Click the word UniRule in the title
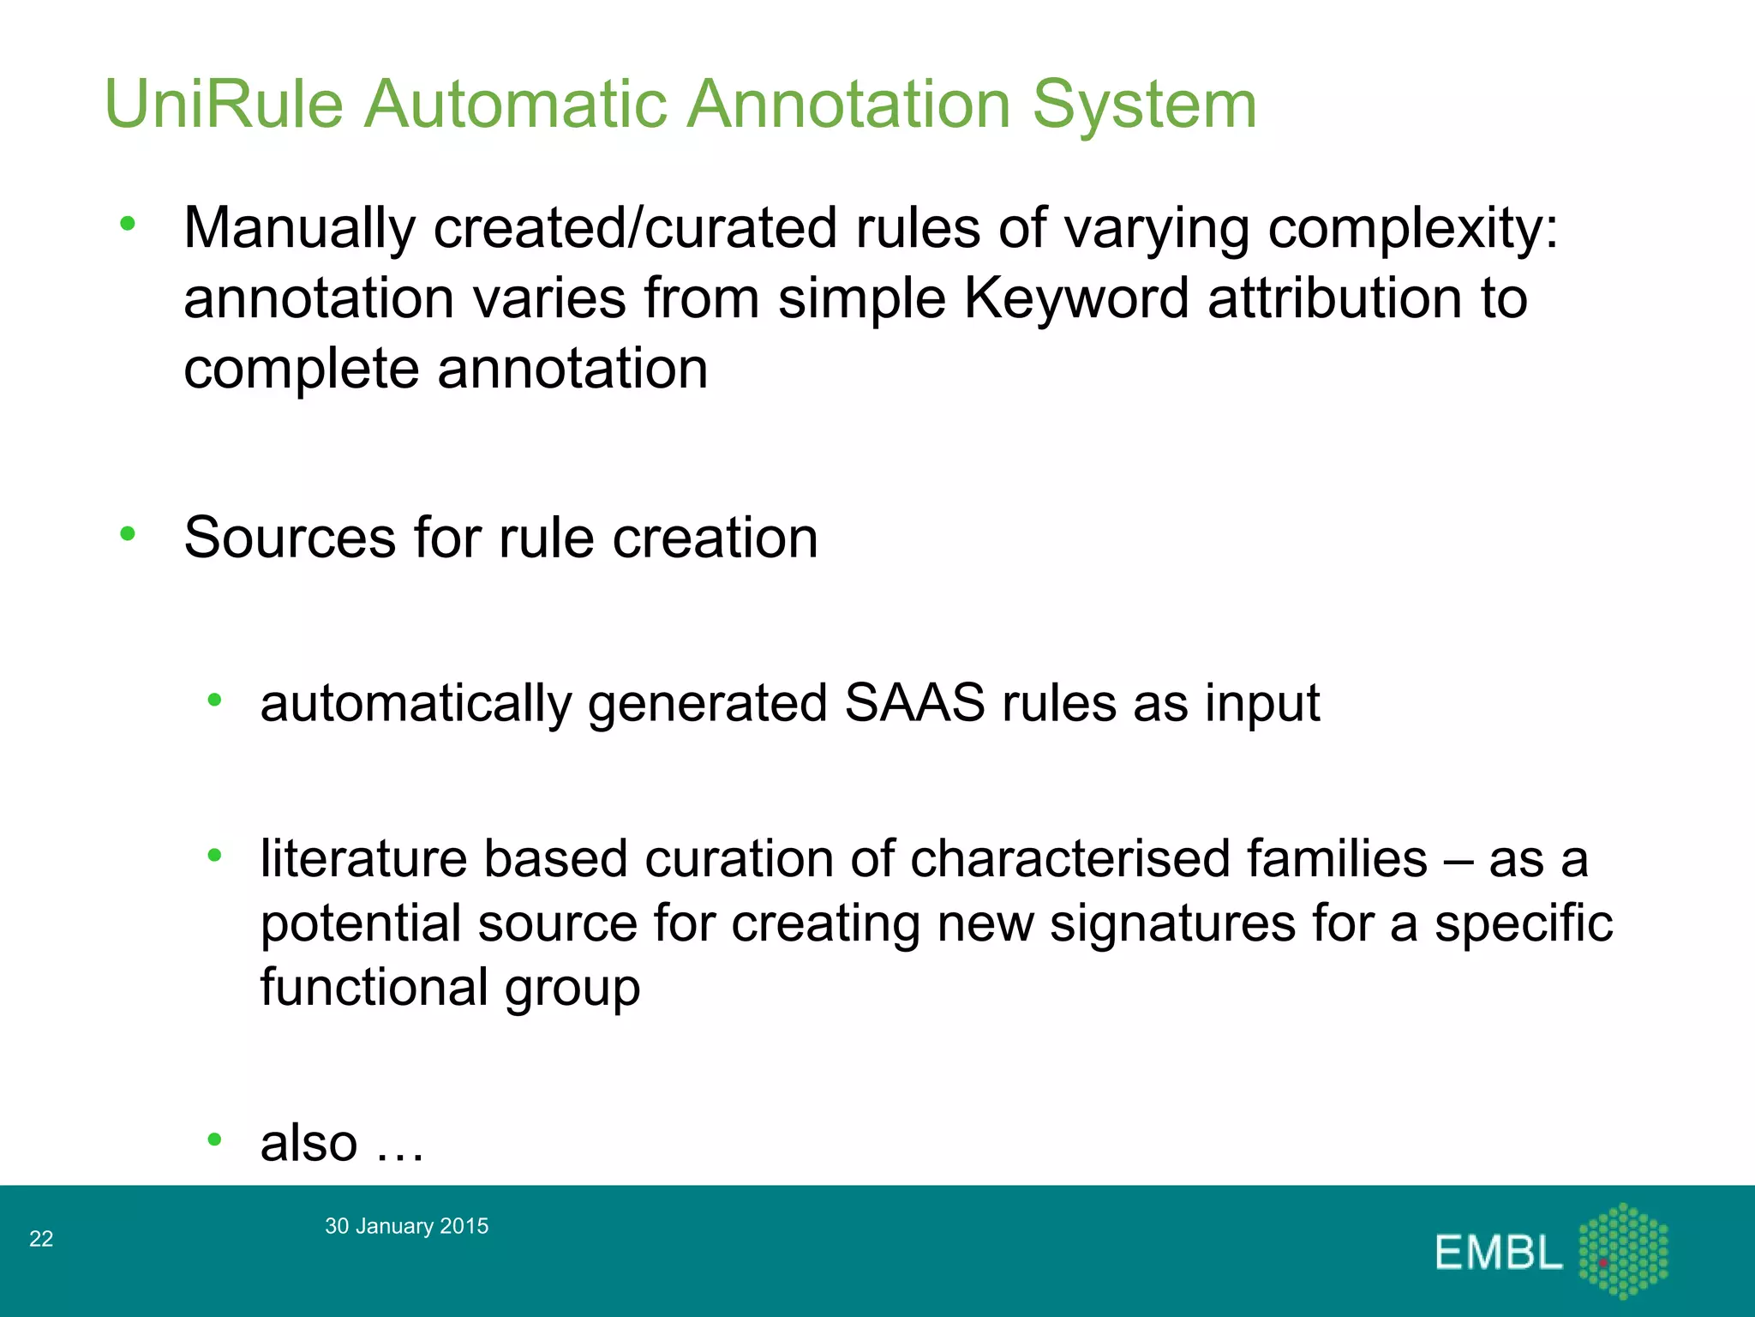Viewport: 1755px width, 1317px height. tap(225, 105)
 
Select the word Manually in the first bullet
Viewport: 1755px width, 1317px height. tap(299, 229)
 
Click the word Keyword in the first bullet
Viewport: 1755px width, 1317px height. tap(1075, 299)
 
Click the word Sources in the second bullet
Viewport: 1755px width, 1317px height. tap(290, 538)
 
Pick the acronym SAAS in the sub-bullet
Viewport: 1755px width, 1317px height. tap(914, 704)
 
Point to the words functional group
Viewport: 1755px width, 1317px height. tap(450, 988)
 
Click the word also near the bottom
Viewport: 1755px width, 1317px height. tap(308, 1143)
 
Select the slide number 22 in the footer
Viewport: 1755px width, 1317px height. tap(41, 1239)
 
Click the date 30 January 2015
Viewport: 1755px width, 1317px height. tap(406, 1226)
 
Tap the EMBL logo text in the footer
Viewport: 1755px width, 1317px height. tap(1498, 1254)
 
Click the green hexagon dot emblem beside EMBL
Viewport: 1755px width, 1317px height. tap(1623, 1251)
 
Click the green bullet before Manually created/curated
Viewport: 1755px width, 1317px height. tap(128, 225)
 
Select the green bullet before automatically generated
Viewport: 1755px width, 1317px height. tap(214, 701)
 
